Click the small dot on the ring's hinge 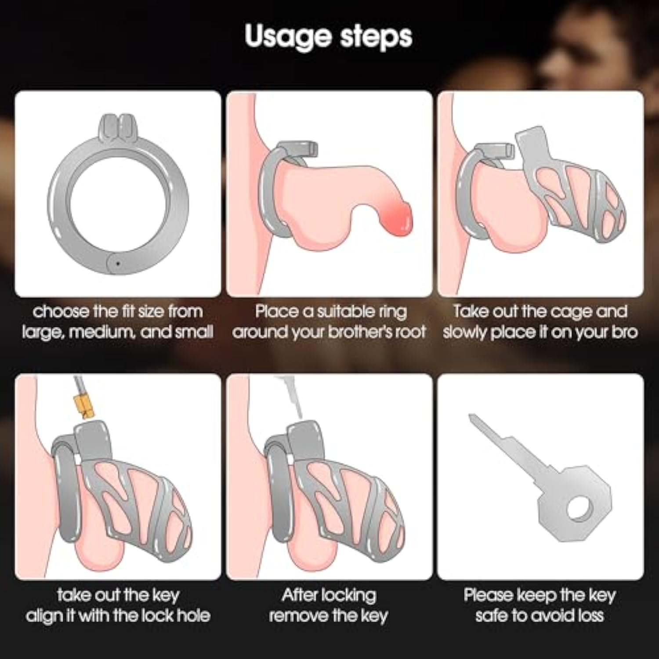(117, 264)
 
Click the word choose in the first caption (61, 311)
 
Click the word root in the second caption (410, 332)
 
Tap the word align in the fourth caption (43, 616)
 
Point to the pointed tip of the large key (470, 415)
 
